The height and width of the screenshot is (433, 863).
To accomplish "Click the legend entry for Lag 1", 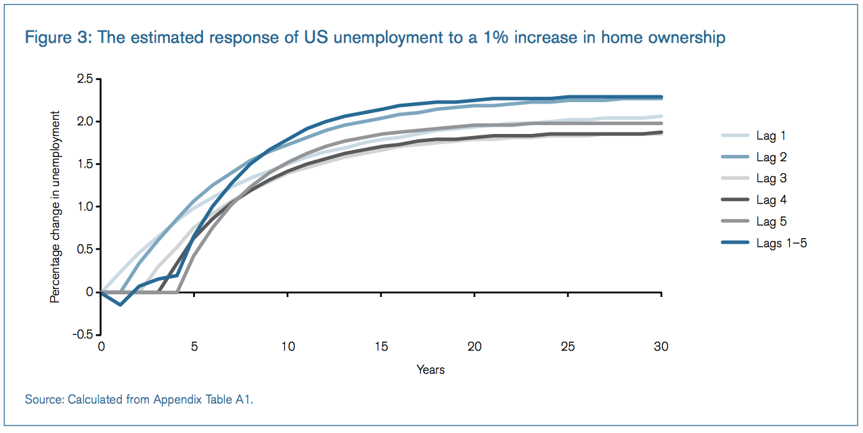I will [x=771, y=136].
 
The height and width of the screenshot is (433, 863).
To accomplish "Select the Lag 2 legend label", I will [x=771, y=158].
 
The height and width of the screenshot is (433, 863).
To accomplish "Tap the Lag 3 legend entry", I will [x=771, y=179].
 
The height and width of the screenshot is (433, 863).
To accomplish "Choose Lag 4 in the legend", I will [x=771, y=200].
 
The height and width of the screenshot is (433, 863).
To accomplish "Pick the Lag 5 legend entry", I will [x=771, y=222].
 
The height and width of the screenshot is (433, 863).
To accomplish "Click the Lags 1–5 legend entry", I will [x=781, y=244].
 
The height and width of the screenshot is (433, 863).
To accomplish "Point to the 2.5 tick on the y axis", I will [x=85, y=79].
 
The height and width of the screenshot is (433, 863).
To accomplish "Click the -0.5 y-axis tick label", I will [x=83, y=334].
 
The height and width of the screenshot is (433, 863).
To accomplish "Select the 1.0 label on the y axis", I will [x=85, y=207].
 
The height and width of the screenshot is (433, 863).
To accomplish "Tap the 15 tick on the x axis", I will [x=381, y=347].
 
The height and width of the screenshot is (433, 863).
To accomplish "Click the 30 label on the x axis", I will [x=661, y=347].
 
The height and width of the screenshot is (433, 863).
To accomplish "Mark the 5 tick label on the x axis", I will [x=194, y=347].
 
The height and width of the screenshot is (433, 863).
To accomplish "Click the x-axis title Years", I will [x=430, y=370].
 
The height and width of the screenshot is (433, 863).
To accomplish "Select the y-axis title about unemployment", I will [x=55, y=207].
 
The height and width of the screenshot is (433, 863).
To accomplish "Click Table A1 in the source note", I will [x=230, y=400].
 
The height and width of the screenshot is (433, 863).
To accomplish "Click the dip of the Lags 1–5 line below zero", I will [x=120, y=304].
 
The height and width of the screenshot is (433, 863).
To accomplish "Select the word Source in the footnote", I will [x=43, y=400].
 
